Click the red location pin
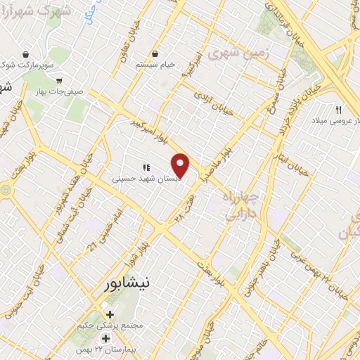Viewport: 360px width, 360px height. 181,166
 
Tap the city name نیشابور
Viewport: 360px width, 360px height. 123,284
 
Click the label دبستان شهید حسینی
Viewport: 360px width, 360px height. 147,179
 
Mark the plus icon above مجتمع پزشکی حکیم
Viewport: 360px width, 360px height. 109,314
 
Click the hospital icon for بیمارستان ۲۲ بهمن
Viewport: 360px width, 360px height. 106,338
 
